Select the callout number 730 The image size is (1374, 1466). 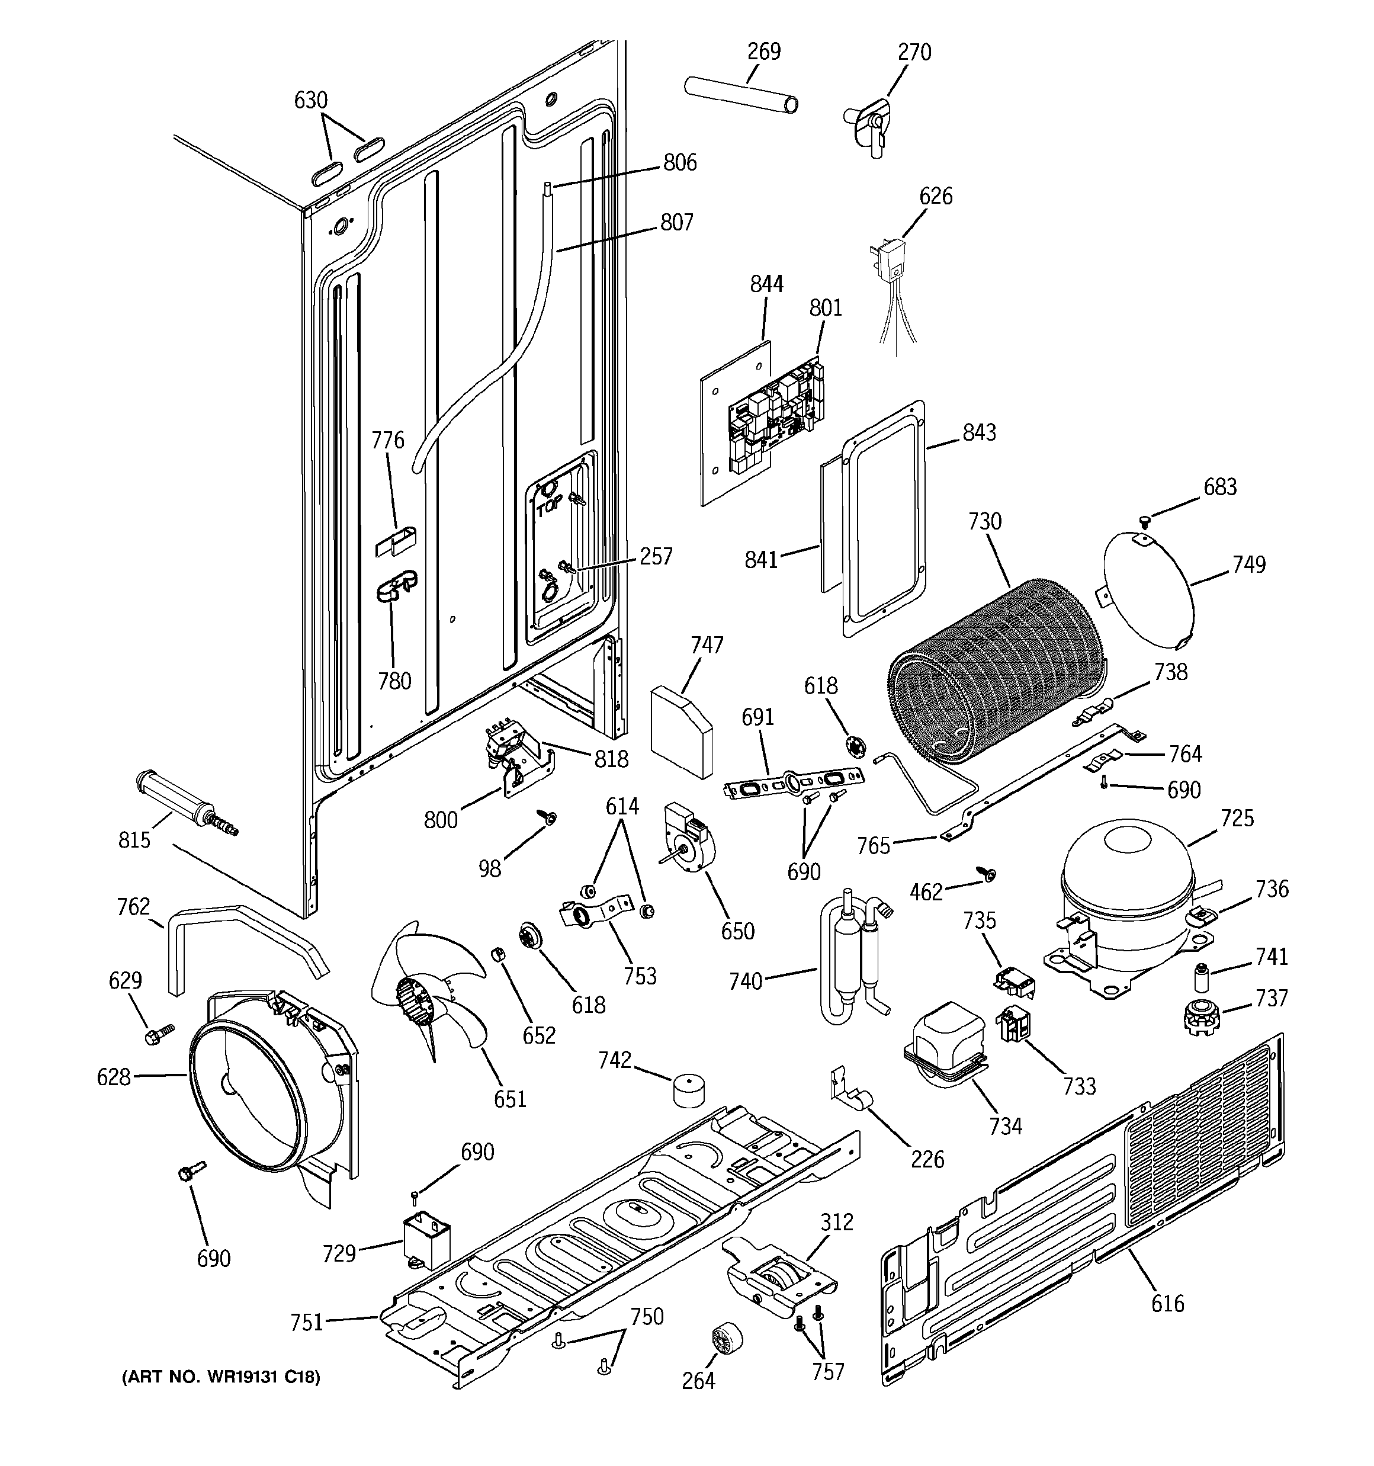pos(984,521)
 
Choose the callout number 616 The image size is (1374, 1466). pos(1167,1304)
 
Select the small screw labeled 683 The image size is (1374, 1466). pos(1145,521)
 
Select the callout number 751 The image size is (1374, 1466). pos(307,1322)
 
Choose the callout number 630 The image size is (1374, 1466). pos(310,100)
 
